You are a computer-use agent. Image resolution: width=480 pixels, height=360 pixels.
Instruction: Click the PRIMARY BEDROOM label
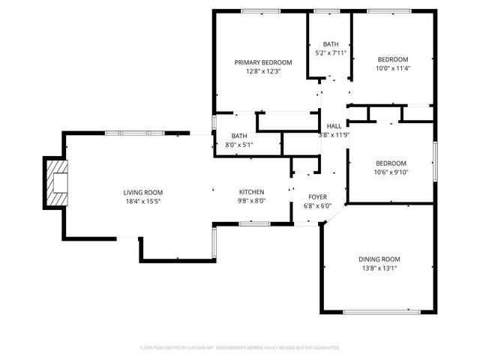tap(262, 62)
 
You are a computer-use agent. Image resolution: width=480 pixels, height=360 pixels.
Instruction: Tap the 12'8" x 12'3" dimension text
tap(262, 71)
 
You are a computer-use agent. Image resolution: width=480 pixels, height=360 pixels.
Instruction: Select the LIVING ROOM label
tap(143, 192)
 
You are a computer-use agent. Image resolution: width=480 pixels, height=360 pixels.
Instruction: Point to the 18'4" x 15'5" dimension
tap(143, 201)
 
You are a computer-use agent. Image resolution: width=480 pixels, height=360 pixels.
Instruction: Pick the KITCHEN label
tap(252, 192)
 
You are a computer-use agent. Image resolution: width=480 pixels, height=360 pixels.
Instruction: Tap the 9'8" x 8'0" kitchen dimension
tap(252, 201)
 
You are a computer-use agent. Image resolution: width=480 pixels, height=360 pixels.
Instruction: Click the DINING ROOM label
tap(379, 259)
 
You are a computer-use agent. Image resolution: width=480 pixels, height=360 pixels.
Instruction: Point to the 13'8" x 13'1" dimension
tap(379, 268)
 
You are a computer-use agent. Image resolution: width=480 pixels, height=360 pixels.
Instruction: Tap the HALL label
tap(334, 126)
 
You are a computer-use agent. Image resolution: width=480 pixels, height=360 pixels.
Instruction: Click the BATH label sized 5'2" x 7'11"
tap(330, 44)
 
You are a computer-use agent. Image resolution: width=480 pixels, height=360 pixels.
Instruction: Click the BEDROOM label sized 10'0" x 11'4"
tap(392, 59)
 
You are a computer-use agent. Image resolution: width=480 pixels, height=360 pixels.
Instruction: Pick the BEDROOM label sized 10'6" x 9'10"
tap(391, 163)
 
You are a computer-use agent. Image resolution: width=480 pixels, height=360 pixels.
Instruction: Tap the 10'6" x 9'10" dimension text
tap(391, 172)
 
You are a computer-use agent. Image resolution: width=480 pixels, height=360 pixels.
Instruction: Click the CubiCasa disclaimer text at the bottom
tap(240, 348)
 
